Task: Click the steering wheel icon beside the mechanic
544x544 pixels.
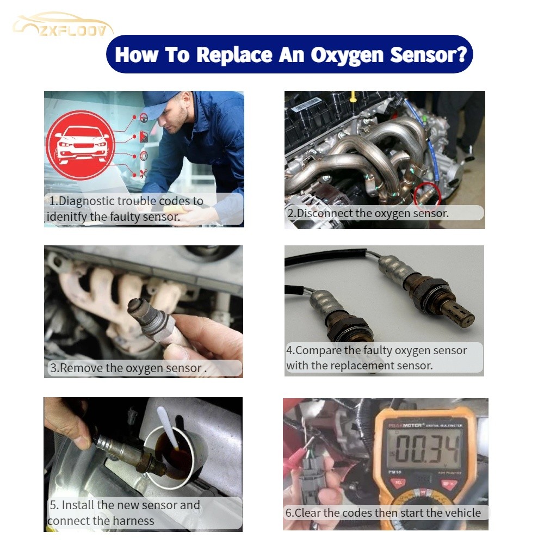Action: point(144,117)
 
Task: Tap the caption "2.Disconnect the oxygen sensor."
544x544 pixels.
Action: point(368,213)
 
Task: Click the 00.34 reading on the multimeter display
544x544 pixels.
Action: point(428,449)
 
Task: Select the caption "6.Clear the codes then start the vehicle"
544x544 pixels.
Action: point(383,512)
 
